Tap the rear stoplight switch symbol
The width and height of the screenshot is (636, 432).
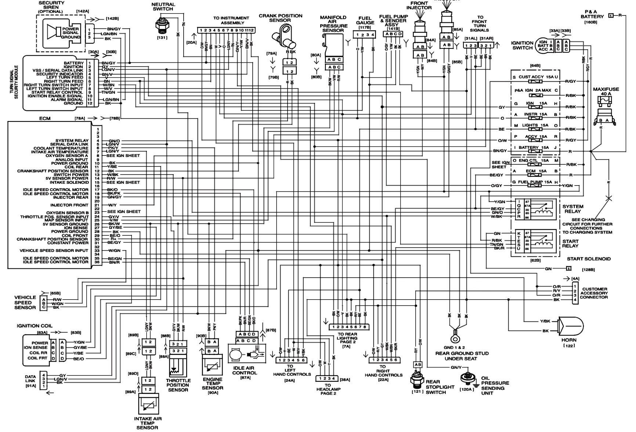tap(418, 380)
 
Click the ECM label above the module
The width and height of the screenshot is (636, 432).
tap(45, 118)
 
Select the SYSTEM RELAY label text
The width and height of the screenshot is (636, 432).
tap(573, 209)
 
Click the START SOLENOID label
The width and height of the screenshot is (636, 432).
tap(589, 259)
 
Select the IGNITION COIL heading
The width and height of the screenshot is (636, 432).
tap(35, 326)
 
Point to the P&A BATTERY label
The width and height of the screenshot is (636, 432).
tap(592, 14)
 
